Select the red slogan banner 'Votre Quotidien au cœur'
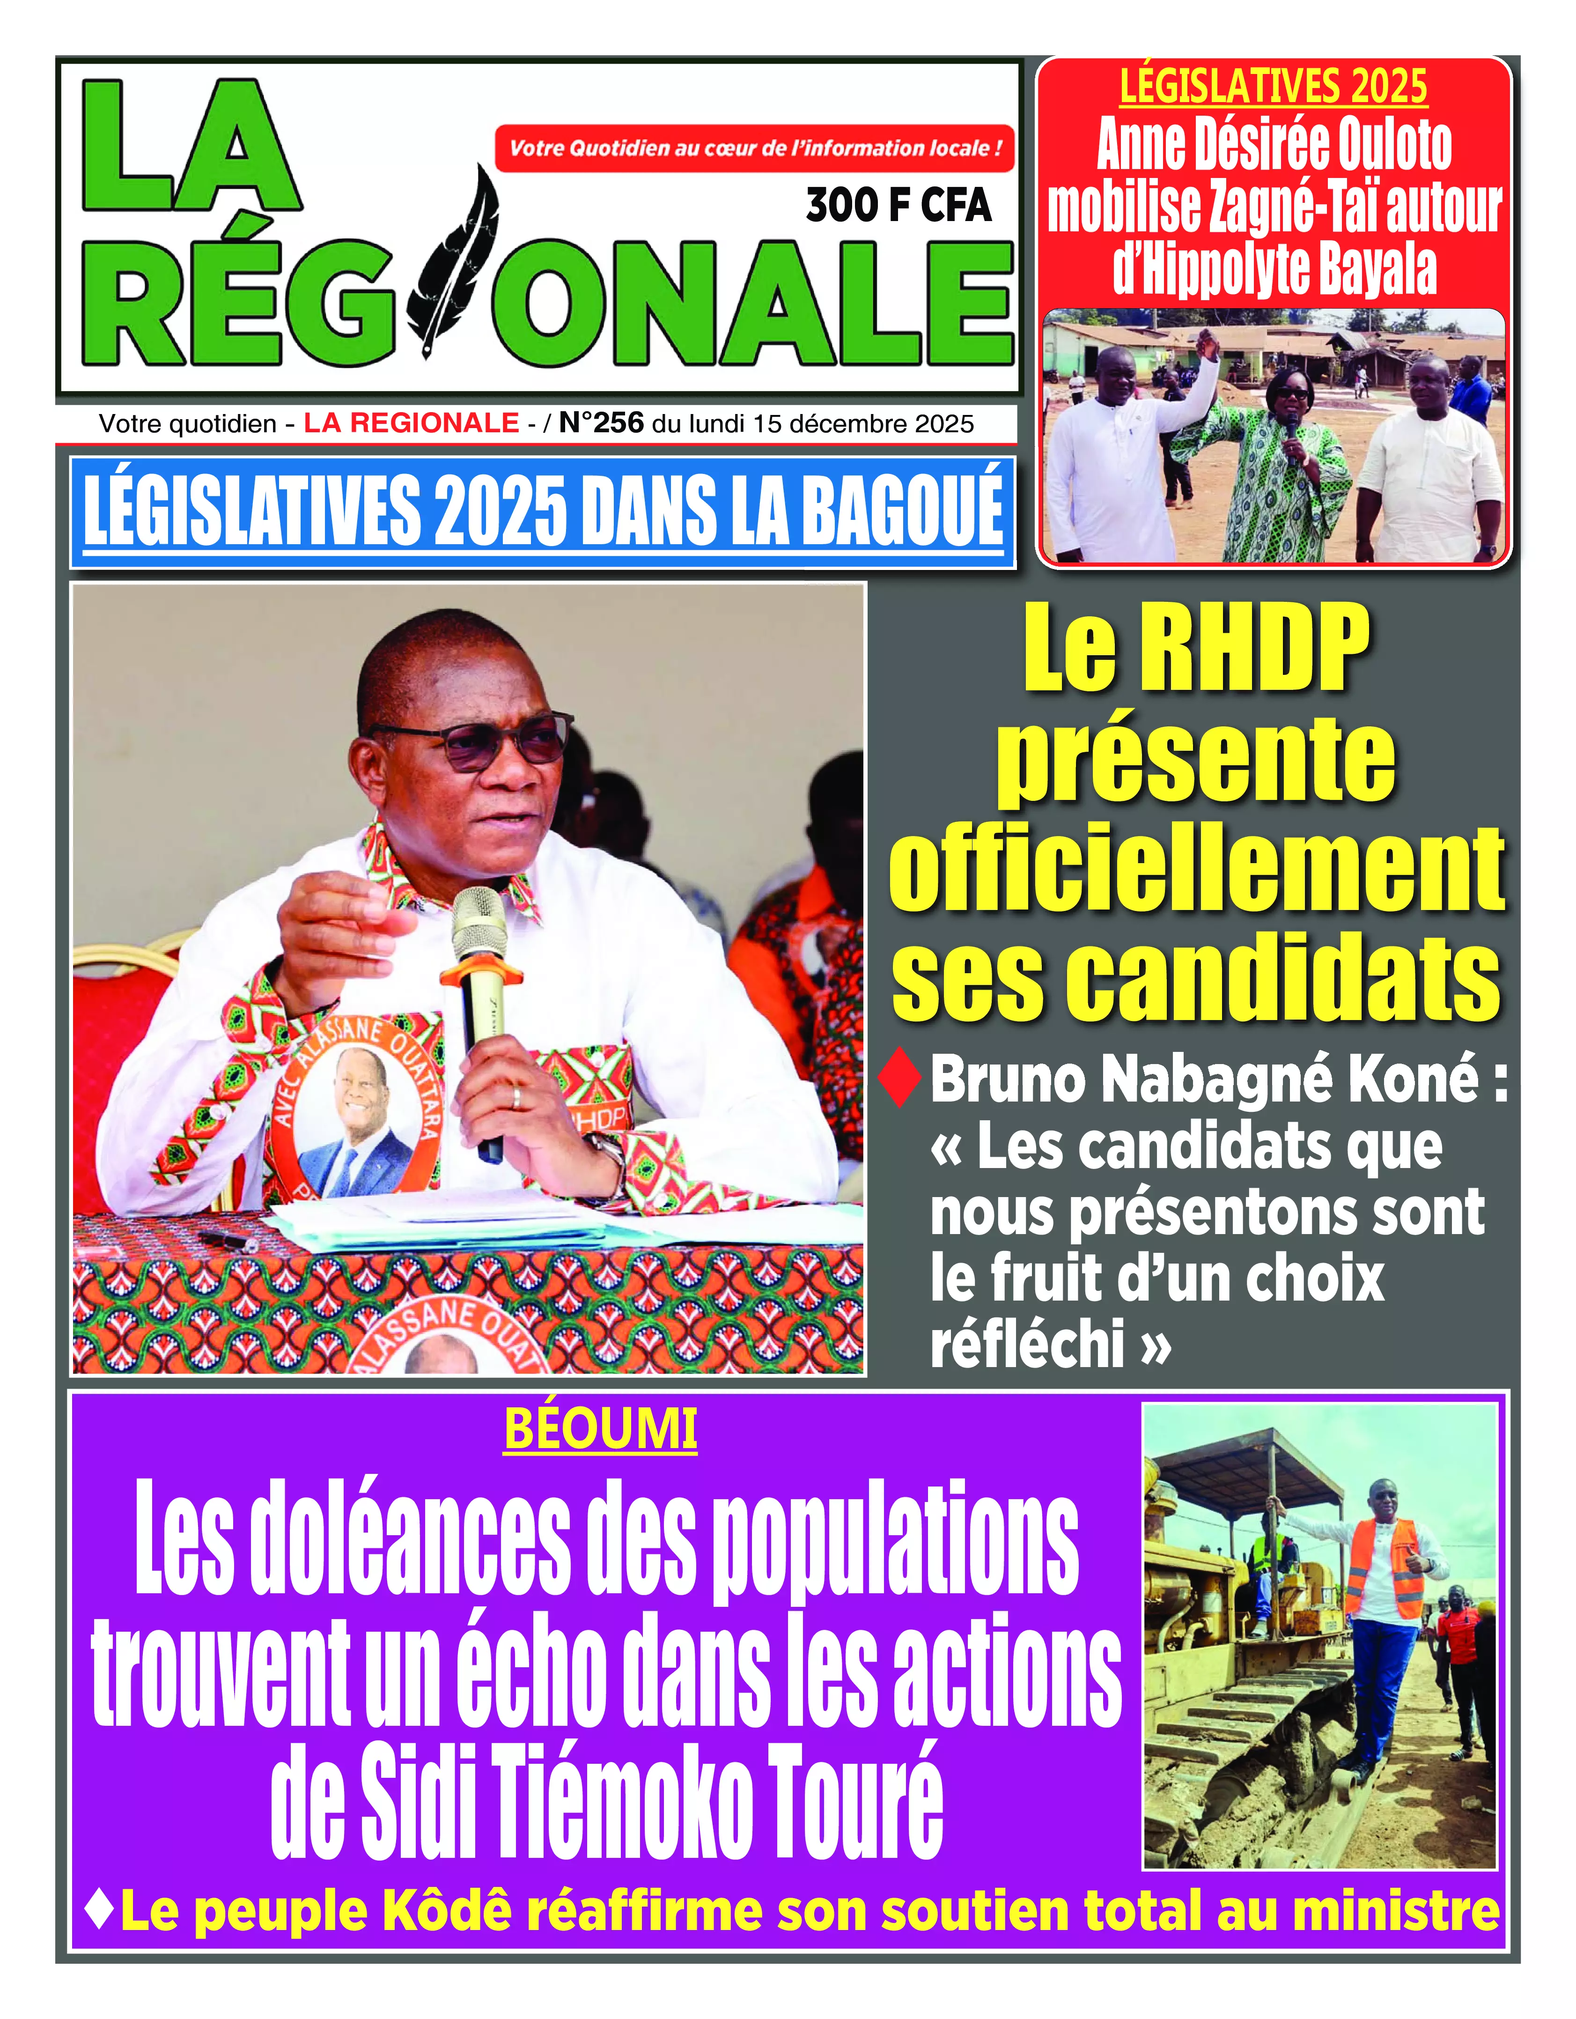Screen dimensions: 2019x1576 tap(754, 148)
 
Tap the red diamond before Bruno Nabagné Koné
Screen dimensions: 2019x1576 tap(899, 1077)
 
